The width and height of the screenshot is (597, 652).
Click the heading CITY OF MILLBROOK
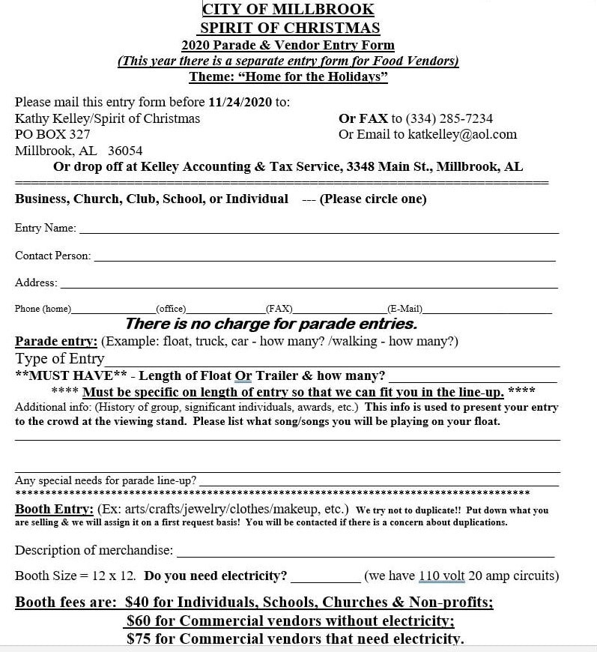pos(288,10)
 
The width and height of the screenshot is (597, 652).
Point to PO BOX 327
pos(52,135)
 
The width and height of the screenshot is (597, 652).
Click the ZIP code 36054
pos(125,151)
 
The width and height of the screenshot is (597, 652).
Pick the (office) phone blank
pos(225,311)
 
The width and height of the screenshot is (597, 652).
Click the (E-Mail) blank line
pos(487,311)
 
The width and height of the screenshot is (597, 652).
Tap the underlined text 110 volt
pos(442,576)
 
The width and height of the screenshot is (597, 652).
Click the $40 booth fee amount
pos(140,603)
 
